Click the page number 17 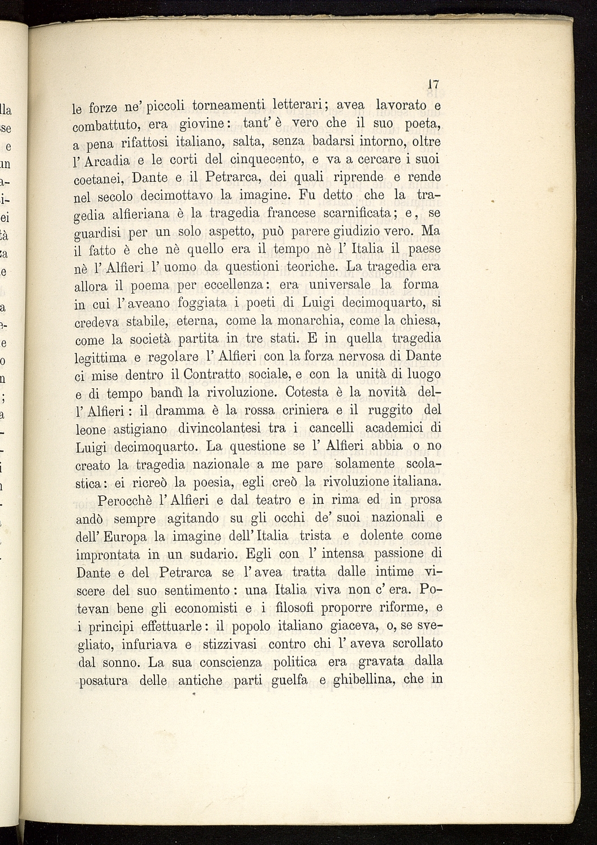434,85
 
